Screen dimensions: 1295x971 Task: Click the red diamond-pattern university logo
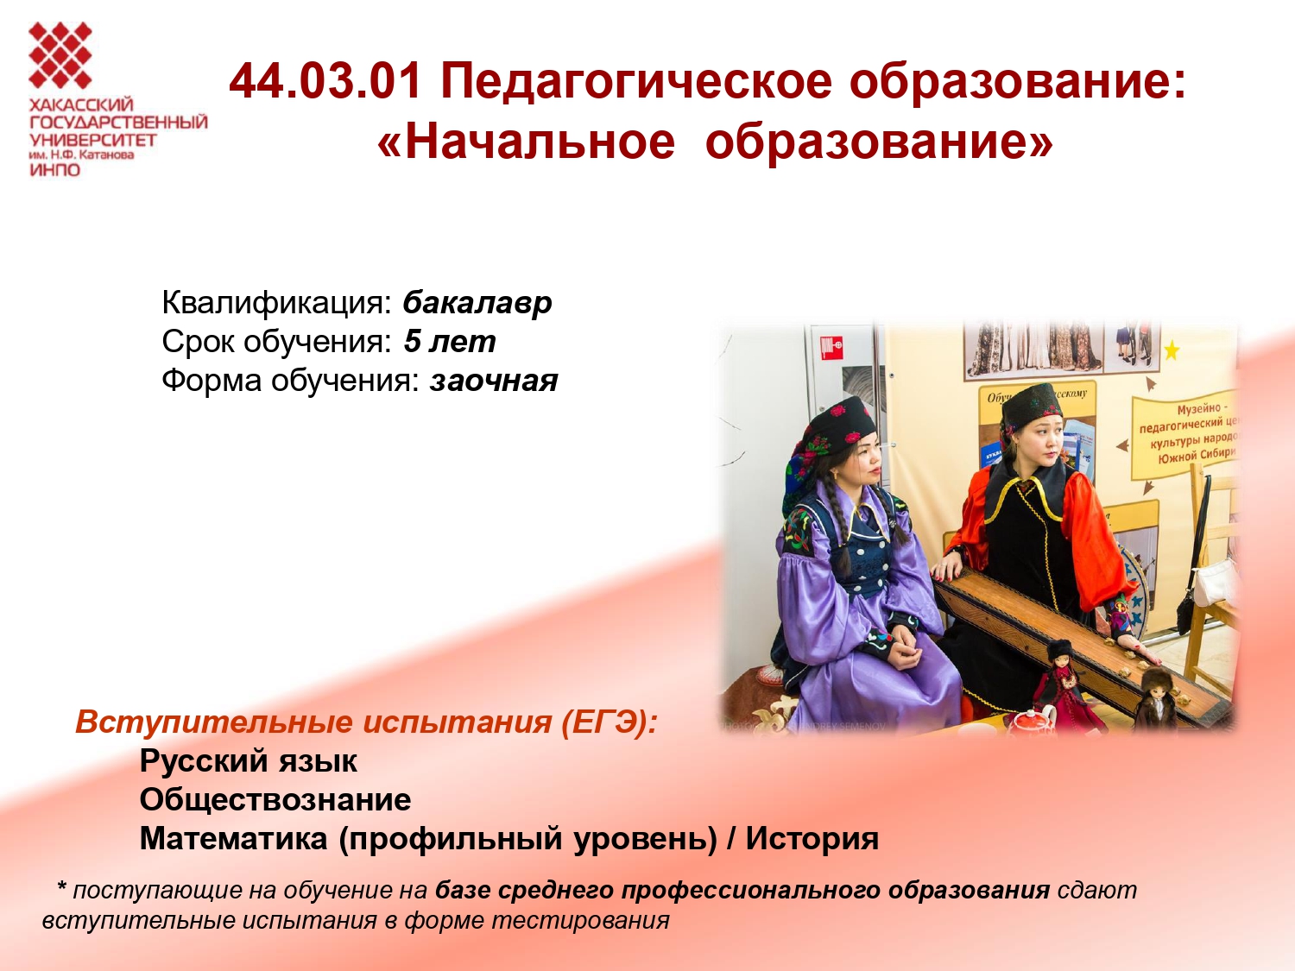pos(60,55)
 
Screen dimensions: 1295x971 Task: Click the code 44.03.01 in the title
pos(325,81)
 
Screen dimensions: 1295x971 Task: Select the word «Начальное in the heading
pos(526,143)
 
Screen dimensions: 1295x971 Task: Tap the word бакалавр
pos(477,304)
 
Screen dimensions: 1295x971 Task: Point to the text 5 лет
pos(450,342)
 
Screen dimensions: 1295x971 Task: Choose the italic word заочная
pos(493,381)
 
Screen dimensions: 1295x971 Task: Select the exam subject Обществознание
pos(275,800)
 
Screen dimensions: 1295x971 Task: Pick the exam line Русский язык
pos(249,761)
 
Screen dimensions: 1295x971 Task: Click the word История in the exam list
pos(812,839)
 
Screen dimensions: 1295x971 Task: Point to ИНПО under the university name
pos(55,170)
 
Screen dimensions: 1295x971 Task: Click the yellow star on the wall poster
pos(1172,351)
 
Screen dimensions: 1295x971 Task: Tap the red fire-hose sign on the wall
pos(831,347)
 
